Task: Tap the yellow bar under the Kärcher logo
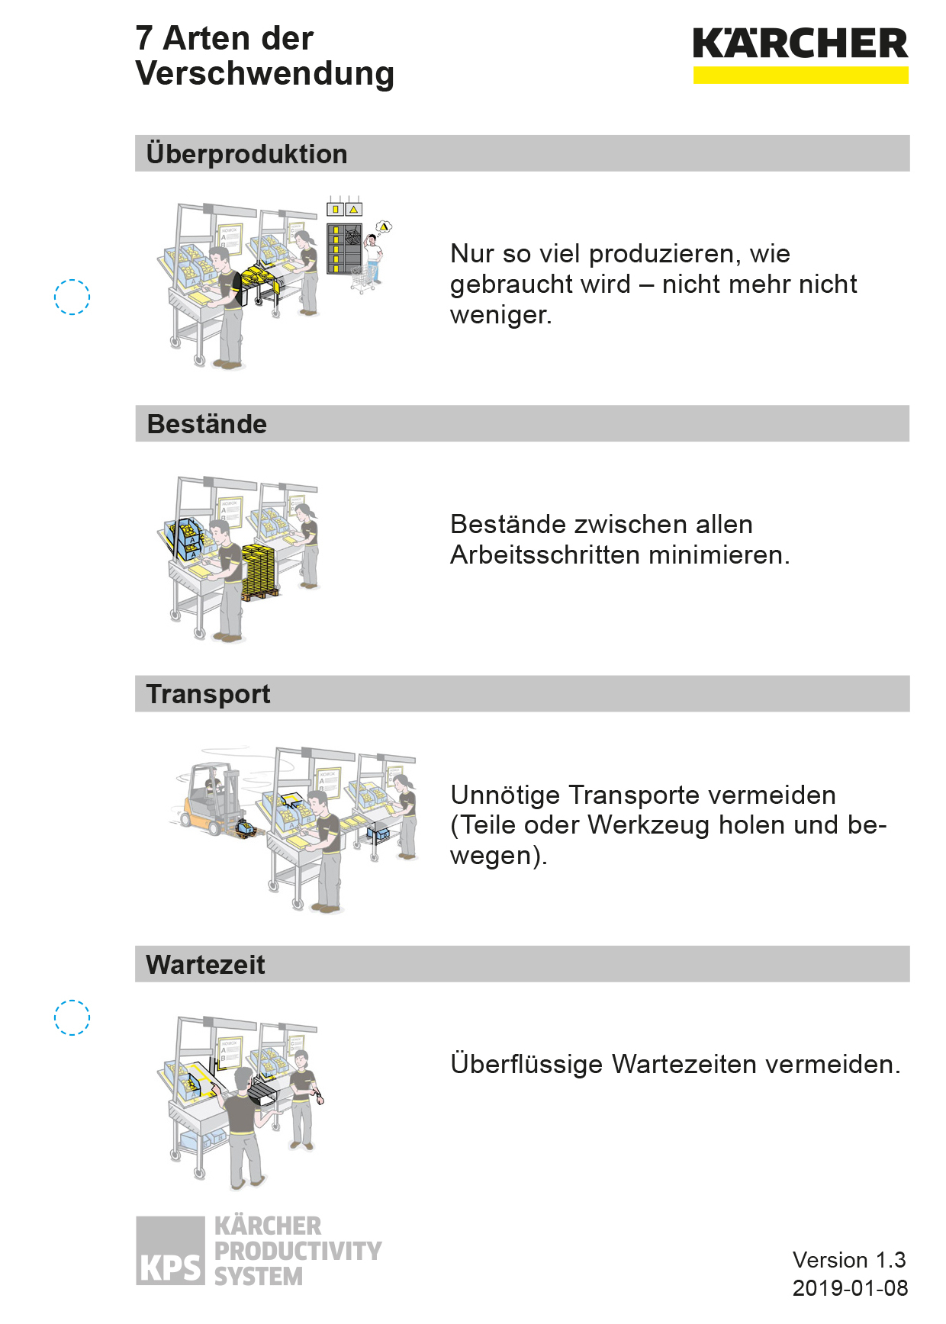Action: coord(800,75)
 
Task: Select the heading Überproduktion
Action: coord(246,154)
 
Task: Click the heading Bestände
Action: coord(207,424)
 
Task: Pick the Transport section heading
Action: coord(208,694)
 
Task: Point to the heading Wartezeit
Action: coord(206,965)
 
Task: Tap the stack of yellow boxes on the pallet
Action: coord(259,571)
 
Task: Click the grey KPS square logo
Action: coord(170,1251)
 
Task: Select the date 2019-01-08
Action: coord(850,1288)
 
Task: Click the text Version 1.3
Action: coord(849,1260)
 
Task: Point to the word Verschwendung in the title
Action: coord(265,75)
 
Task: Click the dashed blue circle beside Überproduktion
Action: coord(72,279)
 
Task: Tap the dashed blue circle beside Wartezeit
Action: coord(72,1000)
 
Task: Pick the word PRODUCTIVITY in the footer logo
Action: coord(298,1252)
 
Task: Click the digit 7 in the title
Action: coord(144,39)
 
